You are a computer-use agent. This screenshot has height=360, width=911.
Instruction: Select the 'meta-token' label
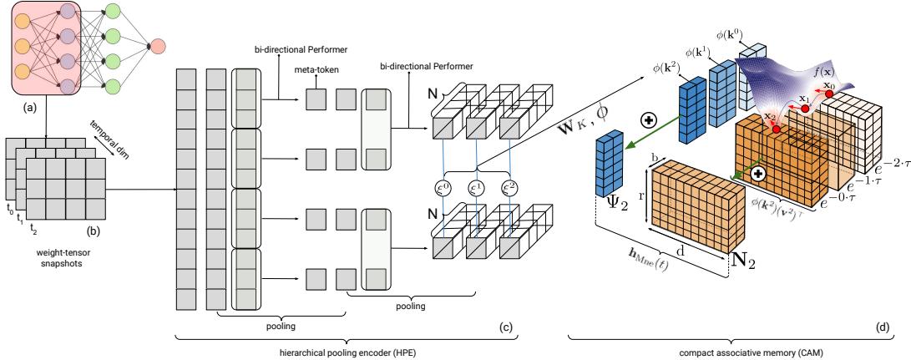tap(314, 73)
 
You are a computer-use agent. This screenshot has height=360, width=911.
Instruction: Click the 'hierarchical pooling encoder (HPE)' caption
tap(347, 351)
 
